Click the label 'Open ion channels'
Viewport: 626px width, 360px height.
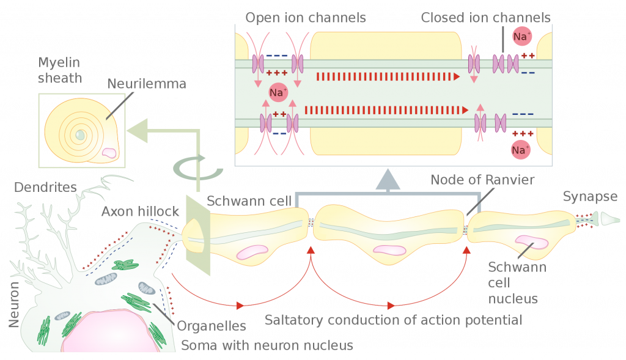[306, 18]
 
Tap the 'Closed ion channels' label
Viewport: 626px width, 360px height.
[485, 18]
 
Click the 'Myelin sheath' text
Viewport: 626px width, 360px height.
[60, 70]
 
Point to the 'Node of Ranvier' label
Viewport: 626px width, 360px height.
[482, 180]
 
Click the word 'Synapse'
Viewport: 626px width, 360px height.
[590, 196]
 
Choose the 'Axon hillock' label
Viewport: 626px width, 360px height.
[141, 211]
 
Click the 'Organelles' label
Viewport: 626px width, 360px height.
[210, 326]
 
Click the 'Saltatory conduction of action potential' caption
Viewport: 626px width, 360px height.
[393, 320]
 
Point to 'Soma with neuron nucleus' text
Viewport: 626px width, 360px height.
[267, 345]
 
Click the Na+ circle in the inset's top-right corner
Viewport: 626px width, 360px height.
[521, 37]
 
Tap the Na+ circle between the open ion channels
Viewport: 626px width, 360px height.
[278, 92]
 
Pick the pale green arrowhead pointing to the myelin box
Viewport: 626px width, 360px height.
[138, 131]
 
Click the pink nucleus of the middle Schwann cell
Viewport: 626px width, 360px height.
[389, 250]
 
